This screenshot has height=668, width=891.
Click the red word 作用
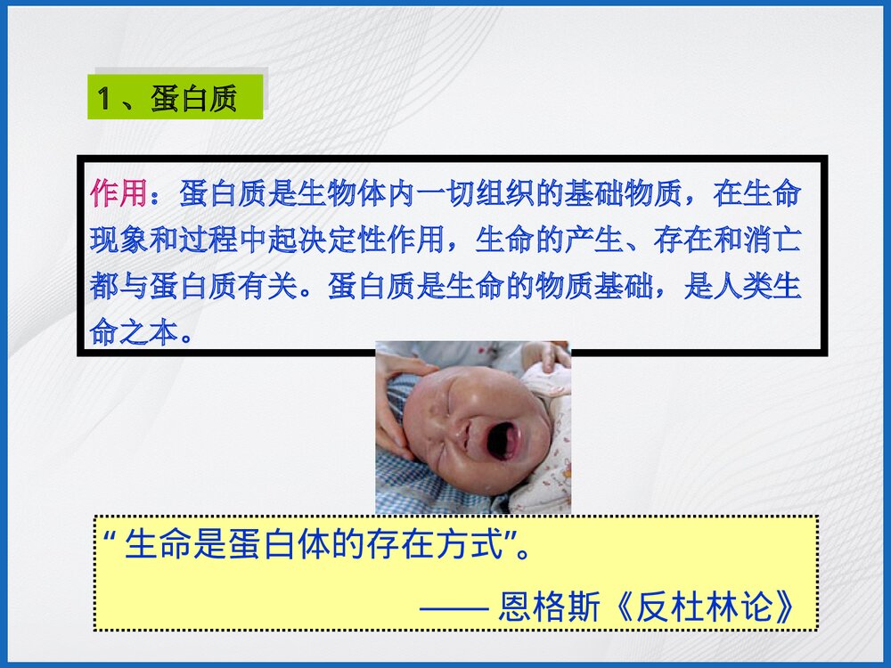(119, 193)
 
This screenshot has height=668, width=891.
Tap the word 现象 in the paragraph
(119, 240)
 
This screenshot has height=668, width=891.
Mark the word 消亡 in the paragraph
(772, 240)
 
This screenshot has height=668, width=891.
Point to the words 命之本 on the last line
(134, 334)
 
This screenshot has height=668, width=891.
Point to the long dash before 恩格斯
(454, 608)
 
